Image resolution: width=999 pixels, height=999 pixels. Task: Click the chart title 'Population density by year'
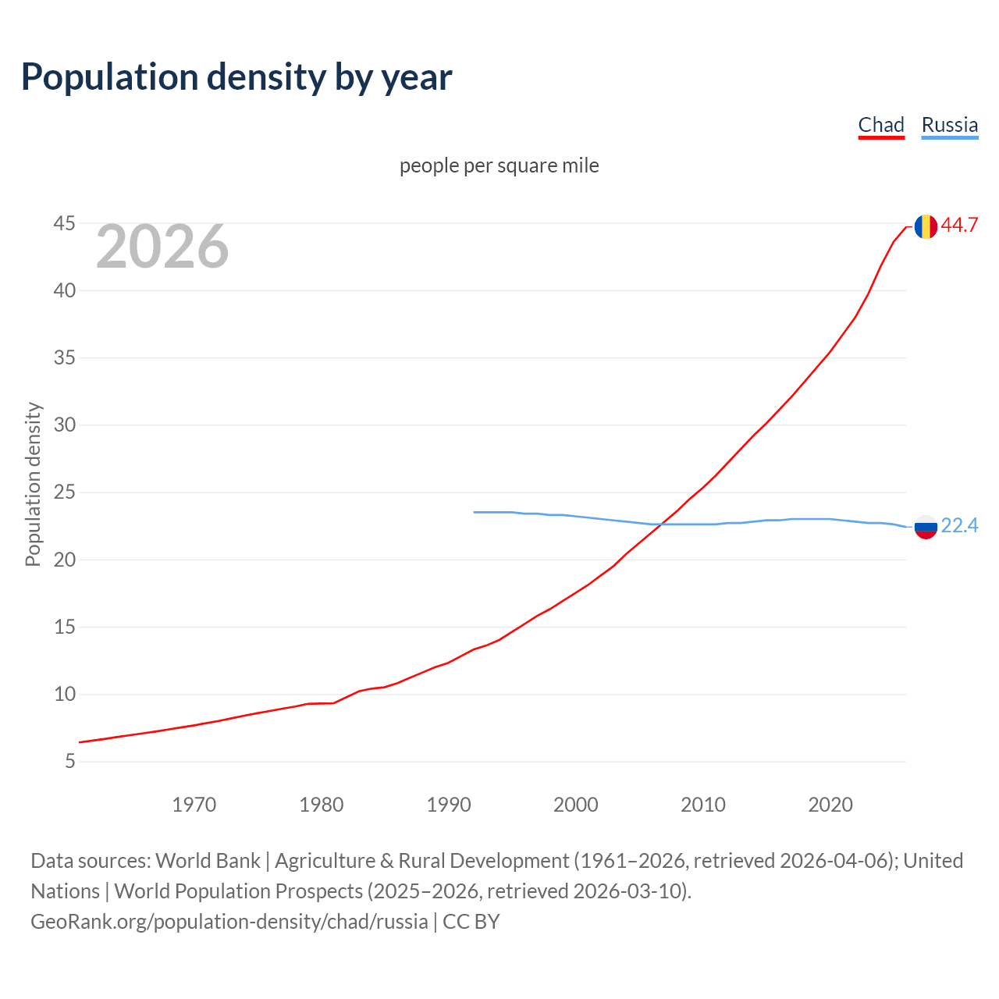[x=236, y=77]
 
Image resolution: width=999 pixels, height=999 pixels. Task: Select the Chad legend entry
[x=881, y=125]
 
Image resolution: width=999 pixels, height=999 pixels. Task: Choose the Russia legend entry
[x=949, y=125]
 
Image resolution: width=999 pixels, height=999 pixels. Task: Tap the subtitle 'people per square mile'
[x=499, y=165]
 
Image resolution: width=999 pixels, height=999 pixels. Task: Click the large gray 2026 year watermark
[x=162, y=247]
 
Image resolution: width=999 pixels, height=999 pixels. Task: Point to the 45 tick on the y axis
[x=64, y=224]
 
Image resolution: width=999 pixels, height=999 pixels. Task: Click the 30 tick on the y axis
[x=64, y=425]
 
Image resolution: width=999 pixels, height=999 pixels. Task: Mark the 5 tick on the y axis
[x=70, y=761]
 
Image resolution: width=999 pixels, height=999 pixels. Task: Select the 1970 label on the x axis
[x=194, y=805]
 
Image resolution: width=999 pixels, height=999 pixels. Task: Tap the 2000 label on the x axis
[x=575, y=805]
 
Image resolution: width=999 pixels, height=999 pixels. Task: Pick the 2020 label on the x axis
[x=830, y=805]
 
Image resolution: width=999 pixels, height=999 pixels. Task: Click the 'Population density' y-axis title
[x=33, y=484]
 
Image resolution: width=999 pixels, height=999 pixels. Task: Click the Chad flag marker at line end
[x=926, y=226]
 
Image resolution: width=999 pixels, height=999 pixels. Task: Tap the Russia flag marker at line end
[x=926, y=527]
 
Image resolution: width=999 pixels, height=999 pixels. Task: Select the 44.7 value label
[x=959, y=225]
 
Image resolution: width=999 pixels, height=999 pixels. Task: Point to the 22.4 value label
[x=959, y=526]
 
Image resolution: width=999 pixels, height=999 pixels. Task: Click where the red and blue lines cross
[x=660, y=524]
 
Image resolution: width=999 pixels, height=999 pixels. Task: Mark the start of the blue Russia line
[x=475, y=512]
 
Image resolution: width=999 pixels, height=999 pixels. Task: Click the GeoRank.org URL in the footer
[x=229, y=922]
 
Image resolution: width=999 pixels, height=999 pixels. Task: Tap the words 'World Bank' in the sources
[x=208, y=861]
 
